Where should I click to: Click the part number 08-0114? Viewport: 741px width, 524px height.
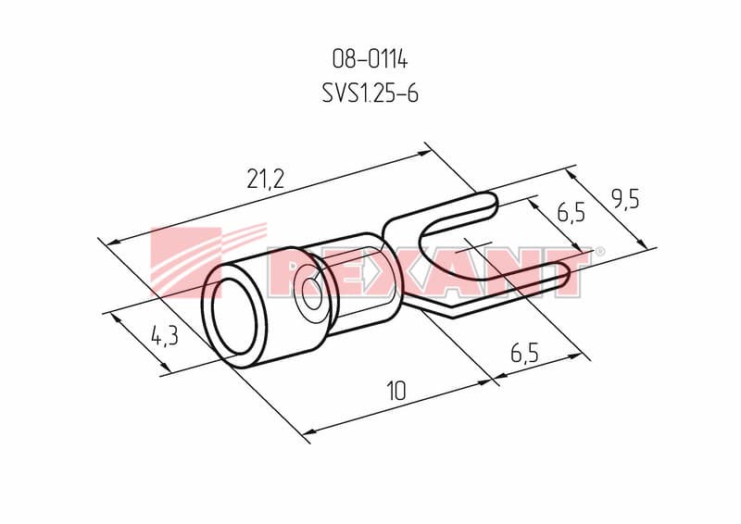370,59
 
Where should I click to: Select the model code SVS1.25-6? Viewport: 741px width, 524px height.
370,93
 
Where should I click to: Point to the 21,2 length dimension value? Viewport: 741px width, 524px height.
266,179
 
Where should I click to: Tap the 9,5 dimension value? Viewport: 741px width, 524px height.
625,200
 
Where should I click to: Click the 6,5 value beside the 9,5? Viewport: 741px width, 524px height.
571,212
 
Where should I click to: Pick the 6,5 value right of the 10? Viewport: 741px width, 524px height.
524,353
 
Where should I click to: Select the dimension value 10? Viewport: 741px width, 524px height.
396,391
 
